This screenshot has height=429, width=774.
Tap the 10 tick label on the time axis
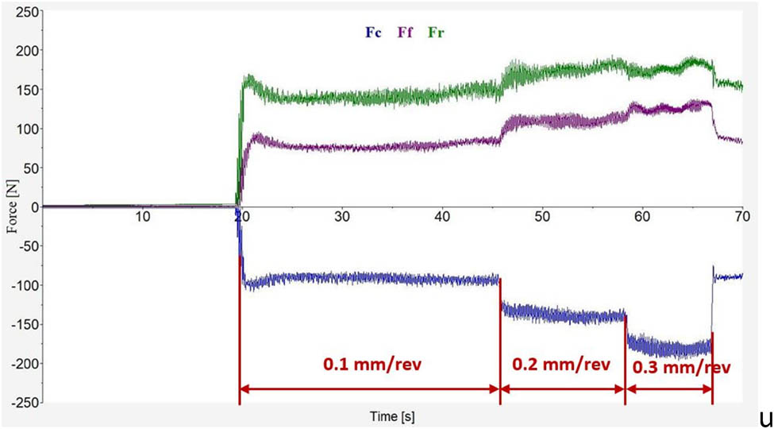142,217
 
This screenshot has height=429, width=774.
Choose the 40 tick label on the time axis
442,217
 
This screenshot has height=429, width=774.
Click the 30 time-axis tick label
342,217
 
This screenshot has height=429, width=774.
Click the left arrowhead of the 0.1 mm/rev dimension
244,389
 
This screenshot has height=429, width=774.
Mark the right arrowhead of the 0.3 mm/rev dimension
708,389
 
